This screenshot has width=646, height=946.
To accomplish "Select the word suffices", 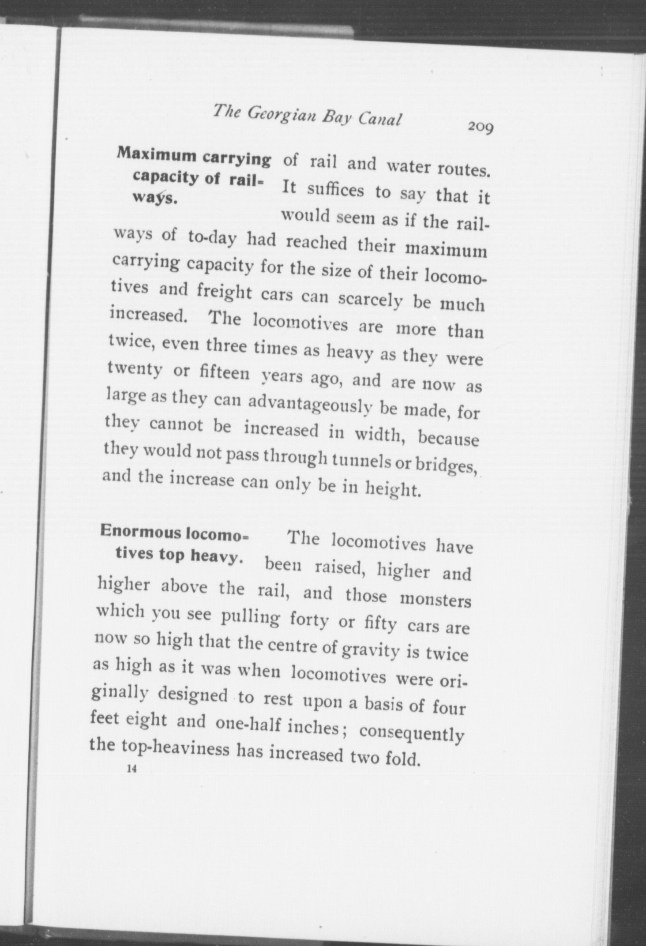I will [x=335, y=191].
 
